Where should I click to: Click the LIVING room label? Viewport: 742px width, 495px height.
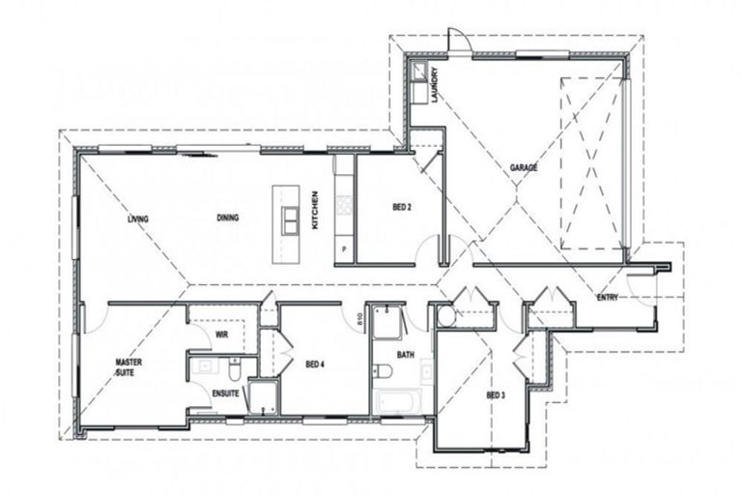[x=138, y=219]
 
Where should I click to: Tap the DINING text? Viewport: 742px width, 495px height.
[x=228, y=218]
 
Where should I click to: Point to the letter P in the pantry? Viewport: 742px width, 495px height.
[x=345, y=250]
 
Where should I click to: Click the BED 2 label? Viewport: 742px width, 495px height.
[x=403, y=207]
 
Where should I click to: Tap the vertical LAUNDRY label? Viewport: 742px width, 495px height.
[x=436, y=85]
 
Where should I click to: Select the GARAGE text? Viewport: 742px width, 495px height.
[x=524, y=168]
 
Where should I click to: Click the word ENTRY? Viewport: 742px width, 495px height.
[x=608, y=297]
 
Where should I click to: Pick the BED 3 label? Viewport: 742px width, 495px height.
[x=495, y=395]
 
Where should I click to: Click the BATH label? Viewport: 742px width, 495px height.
[x=405, y=355]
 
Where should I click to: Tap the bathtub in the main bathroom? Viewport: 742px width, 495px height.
[x=397, y=401]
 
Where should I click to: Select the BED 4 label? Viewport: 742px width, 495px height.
[x=315, y=364]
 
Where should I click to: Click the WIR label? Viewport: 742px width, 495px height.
[x=220, y=335]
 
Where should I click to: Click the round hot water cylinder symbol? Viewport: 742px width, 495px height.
[x=446, y=316]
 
